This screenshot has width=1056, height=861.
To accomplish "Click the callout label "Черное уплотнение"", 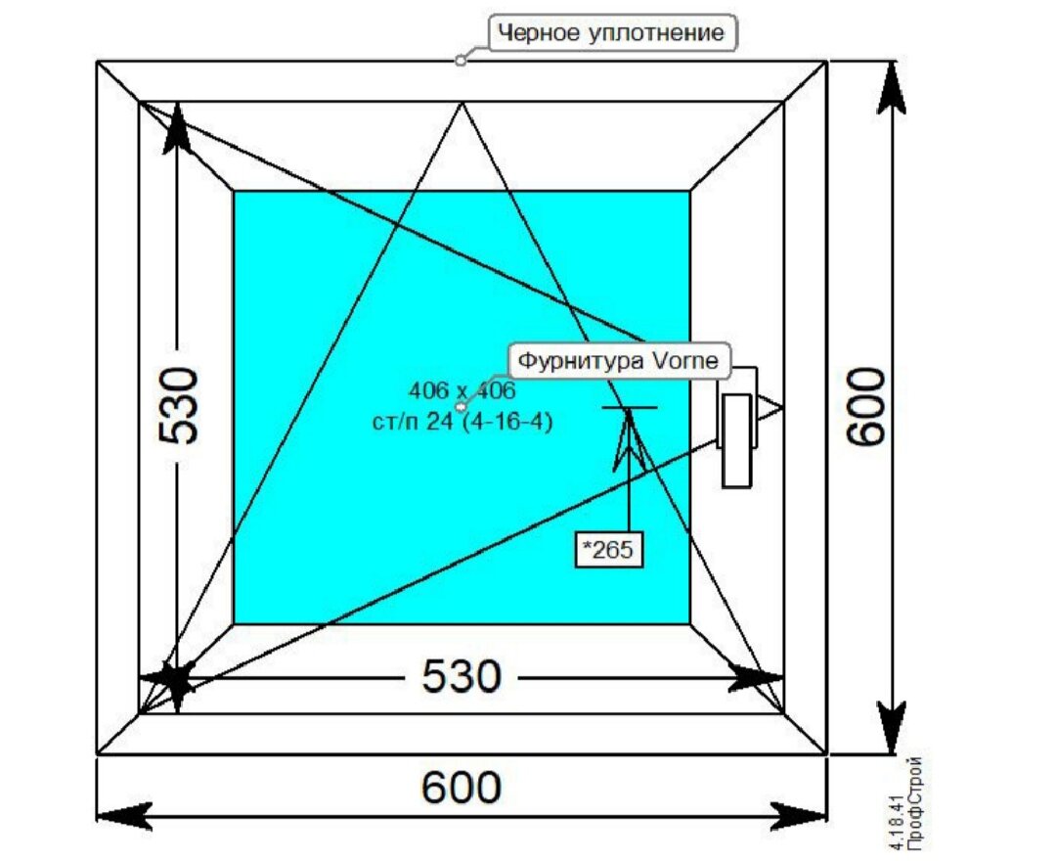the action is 612,34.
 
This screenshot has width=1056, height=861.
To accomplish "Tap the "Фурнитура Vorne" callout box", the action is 618,361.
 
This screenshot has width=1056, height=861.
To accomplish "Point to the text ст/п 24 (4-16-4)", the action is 461,422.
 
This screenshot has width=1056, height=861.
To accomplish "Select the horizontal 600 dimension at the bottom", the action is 462,787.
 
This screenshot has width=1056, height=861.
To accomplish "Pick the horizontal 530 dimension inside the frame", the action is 462,676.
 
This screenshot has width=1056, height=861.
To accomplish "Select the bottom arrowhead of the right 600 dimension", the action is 892,730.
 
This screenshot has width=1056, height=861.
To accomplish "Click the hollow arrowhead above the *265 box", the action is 628,440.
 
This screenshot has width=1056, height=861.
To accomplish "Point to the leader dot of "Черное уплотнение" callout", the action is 461,61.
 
